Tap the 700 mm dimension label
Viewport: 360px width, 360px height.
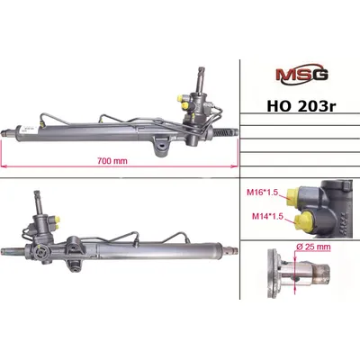(x=112, y=161)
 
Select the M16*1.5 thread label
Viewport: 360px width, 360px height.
(x=260, y=192)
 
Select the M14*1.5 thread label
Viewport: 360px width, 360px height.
(x=267, y=216)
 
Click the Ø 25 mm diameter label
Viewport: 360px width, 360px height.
(x=313, y=247)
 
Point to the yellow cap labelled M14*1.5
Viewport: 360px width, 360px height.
(x=301, y=220)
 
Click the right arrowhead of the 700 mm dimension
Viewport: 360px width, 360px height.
(x=234, y=166)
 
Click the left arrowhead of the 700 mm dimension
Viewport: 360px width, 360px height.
(x=4, y=166)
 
